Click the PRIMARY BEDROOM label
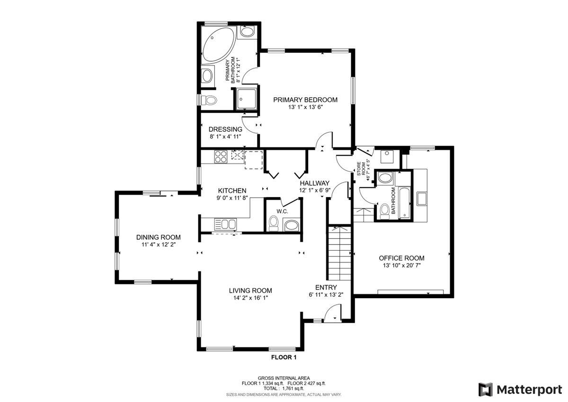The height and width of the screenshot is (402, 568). [305, 100]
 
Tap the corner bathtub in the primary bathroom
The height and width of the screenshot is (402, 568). [219, 45]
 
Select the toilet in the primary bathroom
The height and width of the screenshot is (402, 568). [209, 100]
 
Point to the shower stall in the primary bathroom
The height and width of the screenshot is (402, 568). [246, 99]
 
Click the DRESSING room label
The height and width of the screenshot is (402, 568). [225, 129]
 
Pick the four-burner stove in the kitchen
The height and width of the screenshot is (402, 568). [221, 156]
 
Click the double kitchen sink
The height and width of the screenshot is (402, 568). [225, 224]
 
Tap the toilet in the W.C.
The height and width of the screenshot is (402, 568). [274, 223]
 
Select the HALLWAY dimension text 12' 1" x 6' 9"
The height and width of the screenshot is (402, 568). [315, 190]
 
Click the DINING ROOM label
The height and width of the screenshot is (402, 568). [159, 237]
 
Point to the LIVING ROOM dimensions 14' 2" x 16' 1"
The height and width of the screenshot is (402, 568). [250, 298]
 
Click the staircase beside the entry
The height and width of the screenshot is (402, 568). [340, 253]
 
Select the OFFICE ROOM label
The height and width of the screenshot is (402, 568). [402, 258]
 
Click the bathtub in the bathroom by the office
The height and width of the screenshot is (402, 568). [404, 202]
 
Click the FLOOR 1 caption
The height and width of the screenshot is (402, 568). [284, 357]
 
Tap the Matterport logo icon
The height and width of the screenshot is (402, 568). [485, 390]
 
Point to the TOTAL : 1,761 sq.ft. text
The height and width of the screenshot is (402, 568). [284, 388]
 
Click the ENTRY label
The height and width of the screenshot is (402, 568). [326, 287]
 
